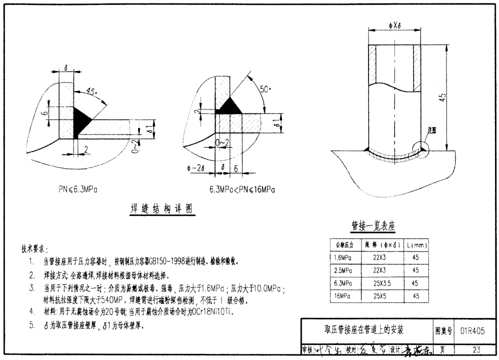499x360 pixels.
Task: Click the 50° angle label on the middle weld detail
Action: tap(266, 89)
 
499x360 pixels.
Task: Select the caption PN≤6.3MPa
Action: tap(77, 189)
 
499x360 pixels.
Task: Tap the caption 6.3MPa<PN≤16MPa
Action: tap(242, 189)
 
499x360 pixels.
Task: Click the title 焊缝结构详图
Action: tap(158, 209)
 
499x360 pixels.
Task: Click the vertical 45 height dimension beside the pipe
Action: tap(442, 97)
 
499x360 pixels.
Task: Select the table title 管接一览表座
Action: tap(373, 226)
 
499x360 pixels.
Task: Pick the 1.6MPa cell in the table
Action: tap(343, 257)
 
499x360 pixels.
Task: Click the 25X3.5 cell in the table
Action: tap(379, 283)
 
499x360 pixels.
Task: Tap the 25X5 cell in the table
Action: tap(379, 296)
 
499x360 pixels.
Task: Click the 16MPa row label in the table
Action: tap(343, 296)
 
